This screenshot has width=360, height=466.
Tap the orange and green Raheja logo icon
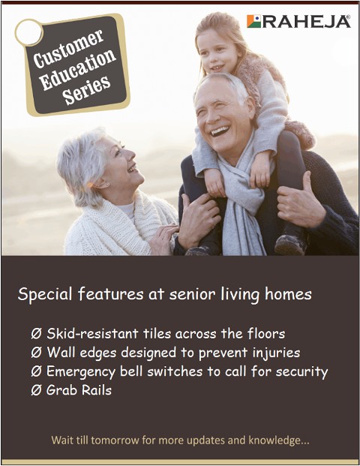click(254, 21)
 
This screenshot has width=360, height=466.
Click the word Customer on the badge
click(69, 50)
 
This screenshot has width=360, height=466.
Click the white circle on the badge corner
click(28, 32)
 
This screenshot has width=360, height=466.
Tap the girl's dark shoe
click(289, 245)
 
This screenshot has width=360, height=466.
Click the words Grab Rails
click(79, 390)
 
